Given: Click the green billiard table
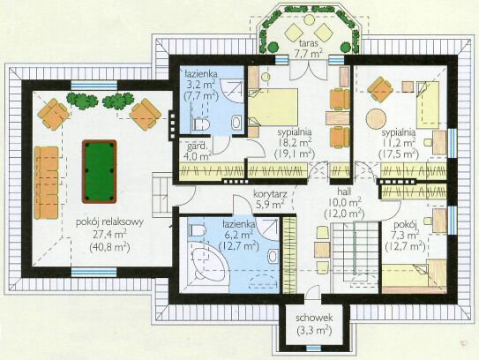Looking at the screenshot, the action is (100, 172).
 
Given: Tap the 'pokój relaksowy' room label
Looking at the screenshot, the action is (109, 222).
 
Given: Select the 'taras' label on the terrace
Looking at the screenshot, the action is (308, 42).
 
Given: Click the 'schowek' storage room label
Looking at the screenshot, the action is (314, 318).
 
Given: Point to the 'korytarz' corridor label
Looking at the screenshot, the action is (270, 194).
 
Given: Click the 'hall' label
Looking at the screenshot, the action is (344, 191).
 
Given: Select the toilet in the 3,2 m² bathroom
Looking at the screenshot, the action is (201, 124).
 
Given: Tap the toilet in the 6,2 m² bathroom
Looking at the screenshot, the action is (197, 229).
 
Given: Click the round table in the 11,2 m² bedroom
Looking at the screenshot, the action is (376, 119).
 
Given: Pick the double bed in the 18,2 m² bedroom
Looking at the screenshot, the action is (273, 107).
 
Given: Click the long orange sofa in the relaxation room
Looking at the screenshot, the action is (46, 183).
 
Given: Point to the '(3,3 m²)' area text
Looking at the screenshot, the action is (314, 330).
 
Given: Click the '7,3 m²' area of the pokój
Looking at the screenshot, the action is (406, 236).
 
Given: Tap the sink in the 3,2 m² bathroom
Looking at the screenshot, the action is (236, 123).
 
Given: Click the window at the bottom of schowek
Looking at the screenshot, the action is (314, 348).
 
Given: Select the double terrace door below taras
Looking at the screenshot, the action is (309, 71).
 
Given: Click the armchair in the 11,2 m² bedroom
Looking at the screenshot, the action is (380, 89).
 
